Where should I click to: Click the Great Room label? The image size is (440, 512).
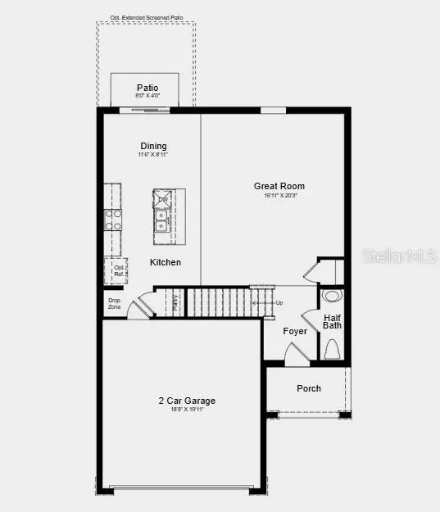[x=279, y=187]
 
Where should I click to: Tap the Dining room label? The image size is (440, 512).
[x=153, y=147]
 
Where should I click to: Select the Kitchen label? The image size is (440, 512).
[x=165, y=262]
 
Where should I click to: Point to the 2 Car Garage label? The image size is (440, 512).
[x=187, y=401]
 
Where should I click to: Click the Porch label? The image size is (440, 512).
[x=309, y=388]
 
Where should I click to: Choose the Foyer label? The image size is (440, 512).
[x=295, y=331]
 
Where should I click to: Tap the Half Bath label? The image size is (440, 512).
[x=332, y=322]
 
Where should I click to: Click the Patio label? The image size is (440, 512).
[x=147, y=88]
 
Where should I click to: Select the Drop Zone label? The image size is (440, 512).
[x=114, y=303]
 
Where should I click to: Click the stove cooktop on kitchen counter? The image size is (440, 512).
[x=113, y=220]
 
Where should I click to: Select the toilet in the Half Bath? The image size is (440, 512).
[x=332, y=350]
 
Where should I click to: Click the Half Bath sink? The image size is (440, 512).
[x=332, y=295]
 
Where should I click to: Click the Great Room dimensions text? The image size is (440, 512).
[x=279, y=196]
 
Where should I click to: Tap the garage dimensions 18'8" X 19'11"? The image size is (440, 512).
[x=187, y=409]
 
